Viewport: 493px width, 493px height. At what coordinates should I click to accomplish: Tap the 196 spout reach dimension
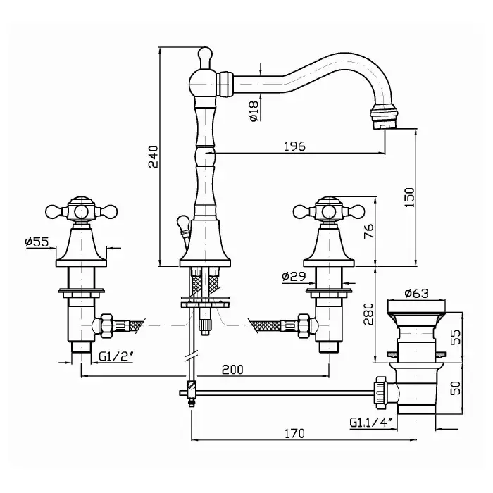(295, 146)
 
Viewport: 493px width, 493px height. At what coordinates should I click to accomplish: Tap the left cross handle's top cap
(82, 203)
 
